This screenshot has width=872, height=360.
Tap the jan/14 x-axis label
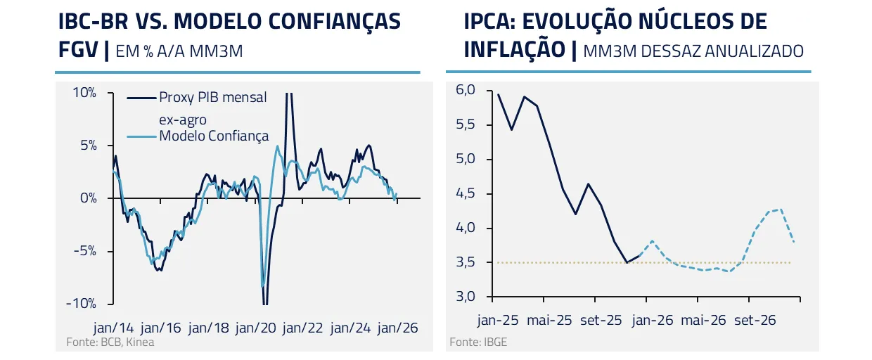[114, 328]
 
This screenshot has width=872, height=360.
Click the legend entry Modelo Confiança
[214, 136]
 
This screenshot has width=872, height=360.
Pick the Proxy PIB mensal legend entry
[212, 98]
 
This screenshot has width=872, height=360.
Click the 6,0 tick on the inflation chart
[466, 90]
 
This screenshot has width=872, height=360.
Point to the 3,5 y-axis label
[466, 262]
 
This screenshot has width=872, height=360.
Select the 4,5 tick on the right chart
[466, 193]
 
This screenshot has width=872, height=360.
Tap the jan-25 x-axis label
[498, 320]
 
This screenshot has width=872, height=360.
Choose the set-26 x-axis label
[755, 320]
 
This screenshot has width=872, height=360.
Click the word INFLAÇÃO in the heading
[515, 50]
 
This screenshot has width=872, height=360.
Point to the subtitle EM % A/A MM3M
[178, 51]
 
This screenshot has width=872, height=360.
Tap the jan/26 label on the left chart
[398, 328]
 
